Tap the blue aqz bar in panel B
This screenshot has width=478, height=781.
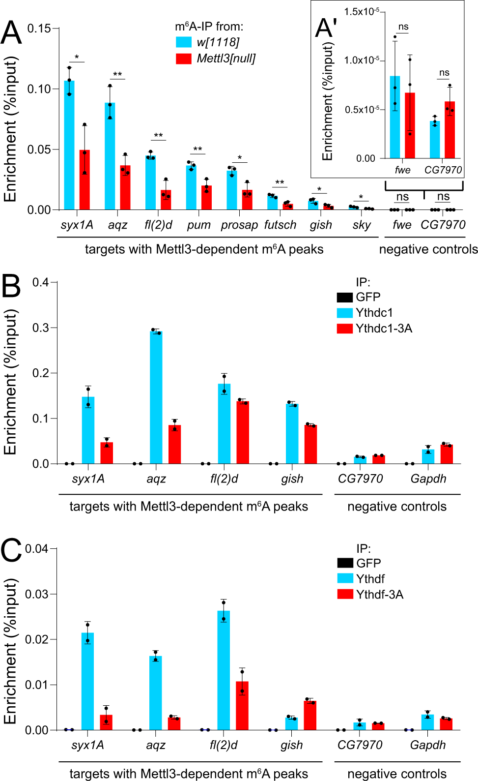pos(156,398)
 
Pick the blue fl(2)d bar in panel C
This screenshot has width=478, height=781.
pos(224,671)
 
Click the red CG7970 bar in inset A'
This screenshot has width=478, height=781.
pos(450,130)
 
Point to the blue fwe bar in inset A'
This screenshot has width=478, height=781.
pos(395,118)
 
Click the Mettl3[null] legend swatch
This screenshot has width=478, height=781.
pos(184,59)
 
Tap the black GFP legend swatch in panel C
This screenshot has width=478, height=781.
pos(345,563)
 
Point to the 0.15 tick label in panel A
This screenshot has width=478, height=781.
pos(39,29)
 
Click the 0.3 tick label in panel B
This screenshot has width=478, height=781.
pos(40,328)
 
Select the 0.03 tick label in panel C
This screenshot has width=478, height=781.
pos(37,594)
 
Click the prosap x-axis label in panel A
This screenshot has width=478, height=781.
pos(239,225)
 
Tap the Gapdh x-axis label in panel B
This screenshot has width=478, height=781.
pos(428,479)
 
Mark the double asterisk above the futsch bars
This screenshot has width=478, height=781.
pos(280,182)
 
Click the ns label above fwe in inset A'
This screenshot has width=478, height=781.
pos(403,27)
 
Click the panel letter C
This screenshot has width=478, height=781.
pos(11,550)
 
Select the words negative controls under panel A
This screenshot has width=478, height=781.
pos(428,249)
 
